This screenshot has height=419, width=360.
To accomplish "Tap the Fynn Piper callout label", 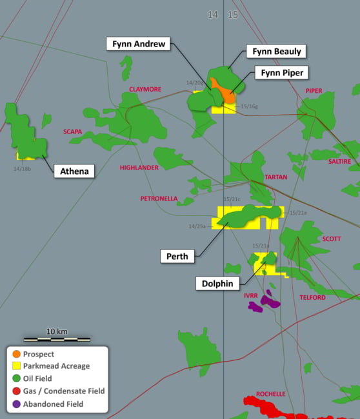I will click(x=282, y=72).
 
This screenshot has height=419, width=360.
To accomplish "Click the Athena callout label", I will click(x=75, y=171).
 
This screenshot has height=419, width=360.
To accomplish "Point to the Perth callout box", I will click(x=177, y=256).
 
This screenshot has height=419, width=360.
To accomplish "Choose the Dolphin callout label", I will click(x=215, y=283).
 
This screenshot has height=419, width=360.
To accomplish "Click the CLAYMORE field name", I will click(x=145, y=89).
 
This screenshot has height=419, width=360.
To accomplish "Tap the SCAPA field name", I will click(x=72, y=132).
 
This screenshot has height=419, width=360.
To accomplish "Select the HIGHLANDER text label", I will click(x=139, y=168).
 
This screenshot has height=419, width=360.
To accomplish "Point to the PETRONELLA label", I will click(x=159, y=199).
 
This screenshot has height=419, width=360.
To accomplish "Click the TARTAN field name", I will click(x=276, y=177).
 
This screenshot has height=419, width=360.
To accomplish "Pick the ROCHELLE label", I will click(x=270, y=394).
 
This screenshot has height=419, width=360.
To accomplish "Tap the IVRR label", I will click(x=251, y=295).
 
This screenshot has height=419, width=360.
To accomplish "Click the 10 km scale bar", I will click(x=57, y=338).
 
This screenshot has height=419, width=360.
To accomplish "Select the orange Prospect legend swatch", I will click(x=16, y=354).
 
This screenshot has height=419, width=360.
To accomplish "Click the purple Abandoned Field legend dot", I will click(x=16, y=404).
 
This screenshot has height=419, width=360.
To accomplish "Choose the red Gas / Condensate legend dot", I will click(x=16, y=391).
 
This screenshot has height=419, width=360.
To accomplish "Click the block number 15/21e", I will click(x=298, y=213).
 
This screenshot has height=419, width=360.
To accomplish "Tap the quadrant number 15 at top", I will click(x=232, y=14).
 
